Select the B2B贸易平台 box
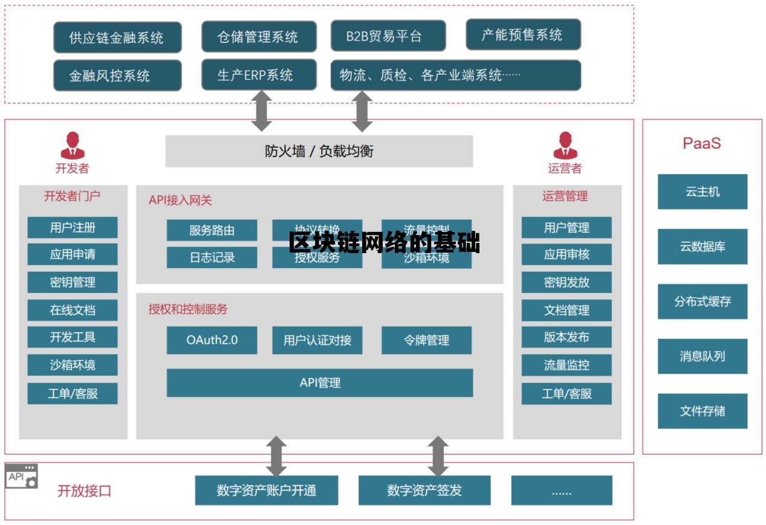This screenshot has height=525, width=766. point(388,36)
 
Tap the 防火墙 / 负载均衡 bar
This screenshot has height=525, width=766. point(319,151)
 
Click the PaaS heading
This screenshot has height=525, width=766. point(701,143)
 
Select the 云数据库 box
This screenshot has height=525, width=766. point(702,246)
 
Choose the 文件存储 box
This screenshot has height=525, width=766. point(702,411)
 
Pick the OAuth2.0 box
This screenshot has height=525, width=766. point(212,340)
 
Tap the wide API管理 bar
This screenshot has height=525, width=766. point(319,382)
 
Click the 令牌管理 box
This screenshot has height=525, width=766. point(426,340)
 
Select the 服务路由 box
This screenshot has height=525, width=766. point(212,230)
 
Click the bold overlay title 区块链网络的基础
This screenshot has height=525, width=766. point(384,243)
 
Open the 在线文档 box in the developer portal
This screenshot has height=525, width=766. point(73,310)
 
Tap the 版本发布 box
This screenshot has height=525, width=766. point(566,337)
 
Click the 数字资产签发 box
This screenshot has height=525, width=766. point(424,490)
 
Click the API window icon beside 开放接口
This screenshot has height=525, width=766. point(22,476)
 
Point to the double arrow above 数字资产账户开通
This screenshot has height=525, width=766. point(276,456)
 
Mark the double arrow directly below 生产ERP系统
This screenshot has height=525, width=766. point(261,111)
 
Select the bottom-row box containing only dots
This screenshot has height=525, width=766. point(561,490)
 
